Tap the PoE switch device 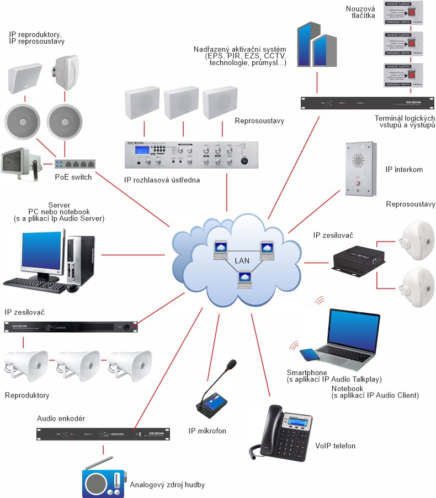[x=75, y=164]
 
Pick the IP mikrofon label [x=208, y=431]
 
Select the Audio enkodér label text [x=61, y=419]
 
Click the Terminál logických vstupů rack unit [x=367, y=103]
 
